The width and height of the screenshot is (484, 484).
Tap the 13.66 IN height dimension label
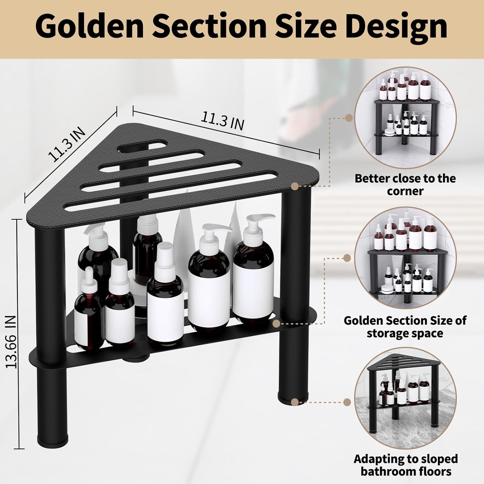[12, 342]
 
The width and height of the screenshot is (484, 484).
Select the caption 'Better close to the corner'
[405, 185]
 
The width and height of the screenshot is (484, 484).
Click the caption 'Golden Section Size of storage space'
[405, 327]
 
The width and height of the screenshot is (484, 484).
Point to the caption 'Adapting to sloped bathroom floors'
[406, 465]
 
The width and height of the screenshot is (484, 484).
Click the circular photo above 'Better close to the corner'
[406, 118]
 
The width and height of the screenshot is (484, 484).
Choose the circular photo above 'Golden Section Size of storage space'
[406, 258]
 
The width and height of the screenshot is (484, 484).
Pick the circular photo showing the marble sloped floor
[406, 395]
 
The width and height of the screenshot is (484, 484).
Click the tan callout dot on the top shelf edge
[294, 186]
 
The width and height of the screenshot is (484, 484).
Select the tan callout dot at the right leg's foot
[294, 402]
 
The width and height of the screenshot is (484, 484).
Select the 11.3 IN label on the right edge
[222, 121]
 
